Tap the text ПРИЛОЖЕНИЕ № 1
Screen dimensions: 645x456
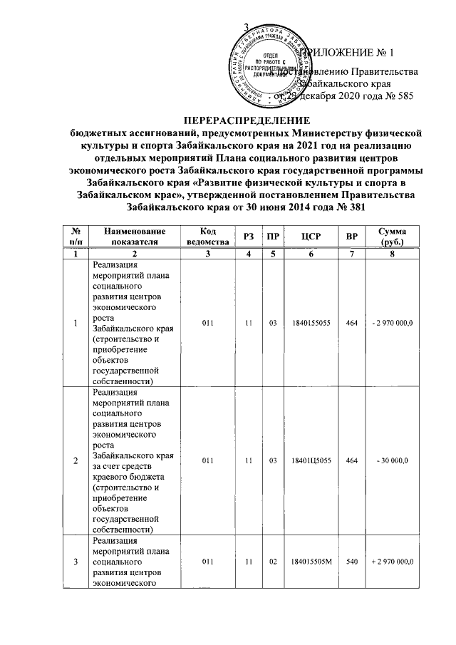click(x=350, y=53)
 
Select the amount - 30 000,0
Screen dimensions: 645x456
click(x=393, y=462)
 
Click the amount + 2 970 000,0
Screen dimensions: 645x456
click(x=393, y=563)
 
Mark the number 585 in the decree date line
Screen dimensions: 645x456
click(x=402, y=96)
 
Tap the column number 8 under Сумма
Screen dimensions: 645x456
click(x=393, y=254)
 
